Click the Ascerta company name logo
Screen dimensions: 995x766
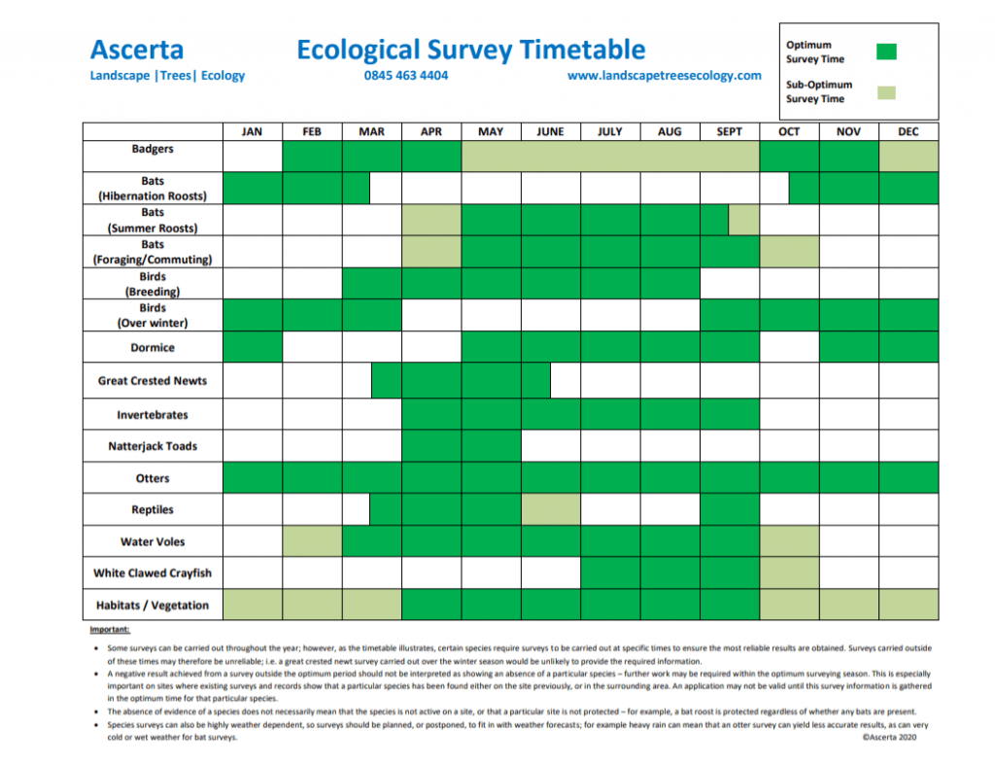coord(137,50)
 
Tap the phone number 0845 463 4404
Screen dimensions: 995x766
coord(405,76)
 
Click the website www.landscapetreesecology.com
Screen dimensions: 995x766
coord(664,76)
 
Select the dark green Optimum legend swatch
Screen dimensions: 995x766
coord(886,52)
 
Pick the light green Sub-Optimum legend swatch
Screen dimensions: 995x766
coord(886,92)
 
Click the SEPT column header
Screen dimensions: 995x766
coord(729,131)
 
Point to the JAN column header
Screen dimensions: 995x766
coord(252,131)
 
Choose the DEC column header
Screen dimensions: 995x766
coord(909,131)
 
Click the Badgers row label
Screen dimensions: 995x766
coord(153,149)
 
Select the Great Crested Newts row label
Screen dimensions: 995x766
coord(153,381)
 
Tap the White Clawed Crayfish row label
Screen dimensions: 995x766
coord(153,574)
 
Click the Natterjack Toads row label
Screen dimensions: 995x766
coord(153,446)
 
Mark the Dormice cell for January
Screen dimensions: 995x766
coord(253,346)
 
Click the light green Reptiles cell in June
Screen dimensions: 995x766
coord(551,509)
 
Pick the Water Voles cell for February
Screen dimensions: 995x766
coord(312,541)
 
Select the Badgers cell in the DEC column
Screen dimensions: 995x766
coord(909,157)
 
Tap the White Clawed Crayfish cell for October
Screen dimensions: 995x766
coord(789,574)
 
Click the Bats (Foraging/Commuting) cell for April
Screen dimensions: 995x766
coord(431,252)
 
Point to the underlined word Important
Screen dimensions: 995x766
coord(110,630)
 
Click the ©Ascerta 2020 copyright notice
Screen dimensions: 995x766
coord(889,738)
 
